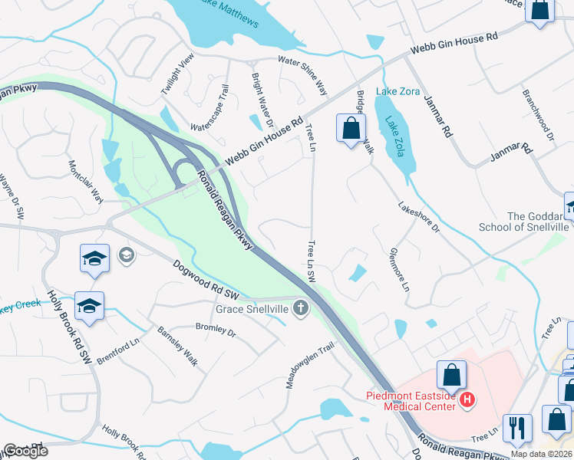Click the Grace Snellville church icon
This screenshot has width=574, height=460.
pyautogui.click(x=301, y=309)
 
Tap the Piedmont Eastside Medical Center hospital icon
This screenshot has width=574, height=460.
pyautogui.click(x=465, y=399)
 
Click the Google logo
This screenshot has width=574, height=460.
pyautogui.click(x=25, y=451)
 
